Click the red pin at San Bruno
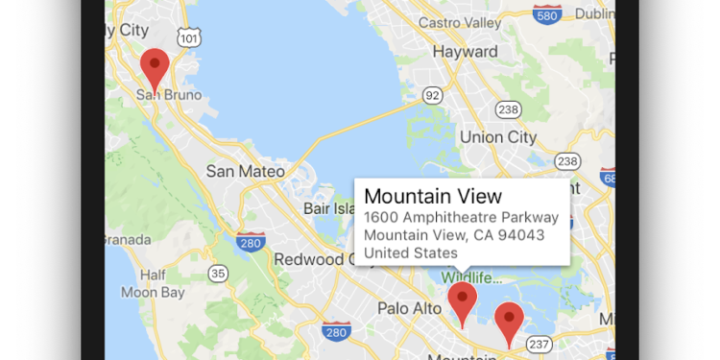155,67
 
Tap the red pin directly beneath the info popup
463,300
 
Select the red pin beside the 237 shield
508,321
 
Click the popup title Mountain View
433,197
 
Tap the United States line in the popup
411,253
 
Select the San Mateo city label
246,172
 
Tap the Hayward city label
465,51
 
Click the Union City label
498,137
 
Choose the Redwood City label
316,259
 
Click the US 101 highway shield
190,37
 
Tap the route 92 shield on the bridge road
434,95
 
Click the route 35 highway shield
219,274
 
